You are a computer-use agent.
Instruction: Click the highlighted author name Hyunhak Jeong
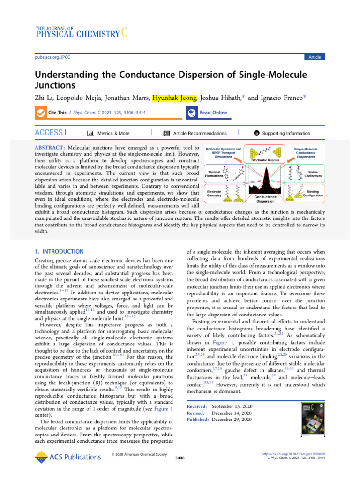[174, 97]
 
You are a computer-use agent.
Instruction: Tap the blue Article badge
[314, 57]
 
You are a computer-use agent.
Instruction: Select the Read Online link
[213, 112]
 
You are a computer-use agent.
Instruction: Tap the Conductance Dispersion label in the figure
[265, 200]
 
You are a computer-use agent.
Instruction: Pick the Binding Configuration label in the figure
[313, 193]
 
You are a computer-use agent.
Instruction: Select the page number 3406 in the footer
[180, 458]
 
